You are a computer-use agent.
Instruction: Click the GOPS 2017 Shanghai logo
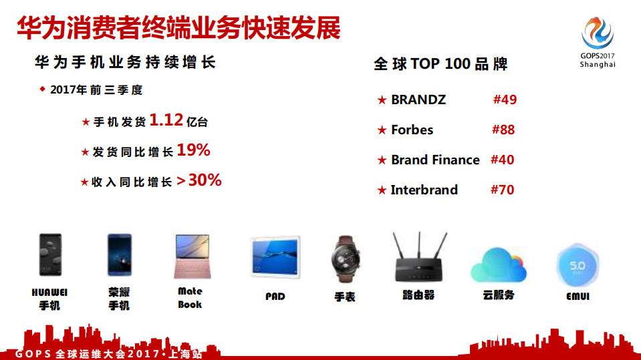tap(597, 41)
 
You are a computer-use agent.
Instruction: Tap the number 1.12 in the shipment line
tap(166, 120)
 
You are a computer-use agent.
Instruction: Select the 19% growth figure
tap(193, 151)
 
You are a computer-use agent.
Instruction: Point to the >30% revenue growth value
tap(199, 180)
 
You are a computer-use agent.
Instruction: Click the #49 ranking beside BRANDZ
tap(505, 100)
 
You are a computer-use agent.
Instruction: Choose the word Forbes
tap(412, 130)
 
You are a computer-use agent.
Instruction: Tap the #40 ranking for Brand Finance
tap(502, 160)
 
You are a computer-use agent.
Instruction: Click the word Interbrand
tap(424, 190)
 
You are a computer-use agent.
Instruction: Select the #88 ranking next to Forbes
tap(503, 130)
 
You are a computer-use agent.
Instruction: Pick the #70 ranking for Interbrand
tap(502, 190)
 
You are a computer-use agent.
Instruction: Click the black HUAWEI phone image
tap(49, 255)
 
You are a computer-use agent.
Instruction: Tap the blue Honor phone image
tap(119, 255)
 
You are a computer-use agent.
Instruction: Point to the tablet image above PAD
tap(275, 257)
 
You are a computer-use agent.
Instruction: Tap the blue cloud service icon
tap(498, 265)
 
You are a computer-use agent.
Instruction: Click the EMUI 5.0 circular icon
tap(577, 266)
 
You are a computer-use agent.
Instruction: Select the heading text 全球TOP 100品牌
tap(440, 64)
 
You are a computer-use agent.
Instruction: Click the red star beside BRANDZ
tap(382, 100)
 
